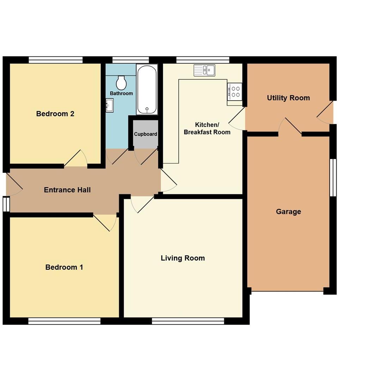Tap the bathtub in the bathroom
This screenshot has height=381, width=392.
[147, 89]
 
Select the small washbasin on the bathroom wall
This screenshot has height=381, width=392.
[109, 105]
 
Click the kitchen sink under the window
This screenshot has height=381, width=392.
[204, 70]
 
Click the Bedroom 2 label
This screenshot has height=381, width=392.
[55, 114]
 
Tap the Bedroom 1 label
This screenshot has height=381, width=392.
[64, 267]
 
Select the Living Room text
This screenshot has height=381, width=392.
[183, 258]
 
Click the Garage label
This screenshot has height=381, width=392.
[288, 212]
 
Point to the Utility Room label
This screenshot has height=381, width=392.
[288, 98]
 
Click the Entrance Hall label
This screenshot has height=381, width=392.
[67, 190]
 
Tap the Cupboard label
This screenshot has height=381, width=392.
[146, 134]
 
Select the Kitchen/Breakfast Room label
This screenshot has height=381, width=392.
[207, 128]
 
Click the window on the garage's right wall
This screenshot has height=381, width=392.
[333, 177]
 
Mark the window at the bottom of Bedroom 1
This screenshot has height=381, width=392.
[64, 321]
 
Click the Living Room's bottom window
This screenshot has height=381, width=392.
[188, 321]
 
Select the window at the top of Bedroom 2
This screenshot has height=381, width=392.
[56, 60]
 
